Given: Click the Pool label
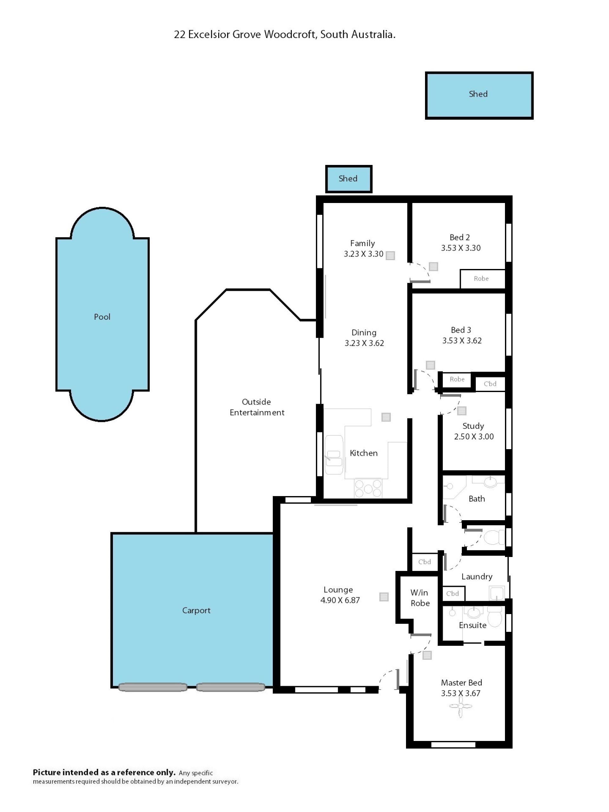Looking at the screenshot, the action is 102,317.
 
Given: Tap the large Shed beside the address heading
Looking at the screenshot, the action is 479,95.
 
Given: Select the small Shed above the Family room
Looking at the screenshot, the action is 349,179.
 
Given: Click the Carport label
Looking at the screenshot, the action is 196,610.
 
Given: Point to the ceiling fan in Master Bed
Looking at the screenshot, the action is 460,705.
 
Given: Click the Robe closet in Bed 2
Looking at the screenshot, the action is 482,278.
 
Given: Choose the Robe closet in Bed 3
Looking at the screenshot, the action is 457,379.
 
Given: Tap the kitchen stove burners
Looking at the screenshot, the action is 368,488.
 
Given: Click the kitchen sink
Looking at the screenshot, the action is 334,455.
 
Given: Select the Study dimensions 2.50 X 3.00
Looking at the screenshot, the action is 474,436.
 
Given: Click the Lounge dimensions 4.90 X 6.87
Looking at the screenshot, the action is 340,600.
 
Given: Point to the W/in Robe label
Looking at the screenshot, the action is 420,598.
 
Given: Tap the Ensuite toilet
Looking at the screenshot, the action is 495,617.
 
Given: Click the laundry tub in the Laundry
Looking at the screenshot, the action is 497,593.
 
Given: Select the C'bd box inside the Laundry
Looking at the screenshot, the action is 453,593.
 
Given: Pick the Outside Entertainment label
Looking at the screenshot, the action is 257,407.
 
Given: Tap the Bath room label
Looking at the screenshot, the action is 476,499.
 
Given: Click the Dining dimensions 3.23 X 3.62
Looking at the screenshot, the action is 364,343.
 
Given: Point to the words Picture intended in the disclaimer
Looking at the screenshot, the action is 66,772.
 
